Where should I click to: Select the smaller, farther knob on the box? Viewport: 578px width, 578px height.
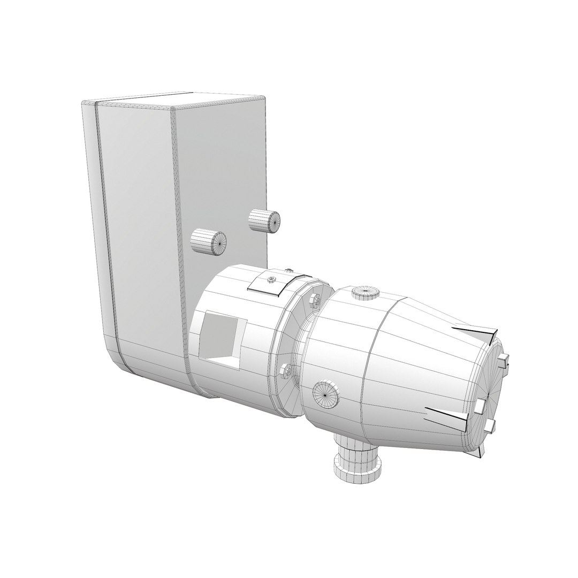pos(265,219)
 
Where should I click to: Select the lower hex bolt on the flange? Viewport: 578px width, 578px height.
pos(285,370)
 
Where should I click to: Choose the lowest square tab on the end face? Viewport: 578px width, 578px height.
pos(490,426)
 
